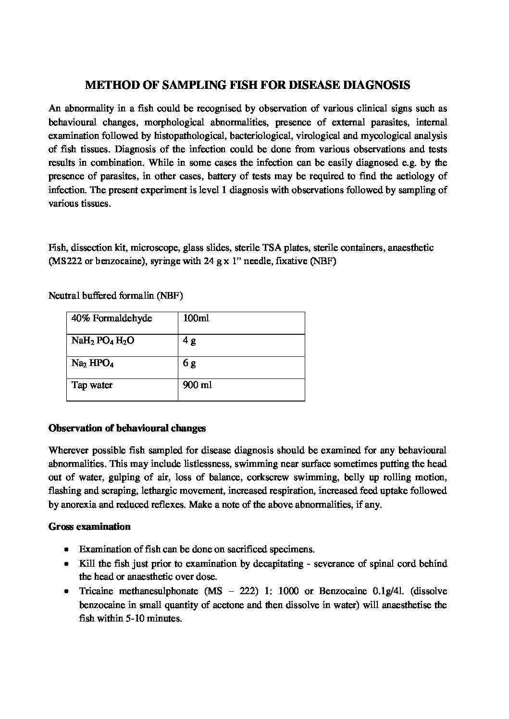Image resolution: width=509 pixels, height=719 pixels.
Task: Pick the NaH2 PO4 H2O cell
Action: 102,341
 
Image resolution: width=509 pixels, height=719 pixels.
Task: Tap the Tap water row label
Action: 92,385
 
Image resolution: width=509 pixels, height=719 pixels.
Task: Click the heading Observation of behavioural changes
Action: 127,428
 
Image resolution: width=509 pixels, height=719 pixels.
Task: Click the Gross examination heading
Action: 89,526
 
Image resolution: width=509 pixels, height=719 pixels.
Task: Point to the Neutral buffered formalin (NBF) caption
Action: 115,296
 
